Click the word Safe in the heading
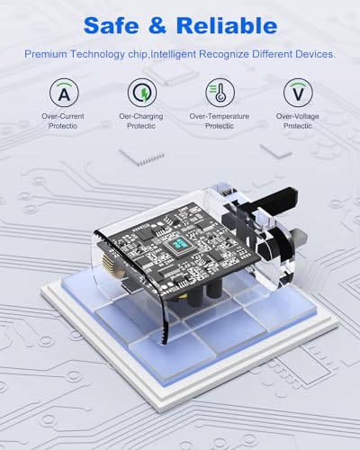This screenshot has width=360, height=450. coord(112,25)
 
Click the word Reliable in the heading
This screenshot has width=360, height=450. coord(227,25)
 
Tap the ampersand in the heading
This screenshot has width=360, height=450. coord(157,25)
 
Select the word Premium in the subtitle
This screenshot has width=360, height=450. coord(46,54)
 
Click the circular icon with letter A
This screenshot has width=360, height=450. coord(64,93)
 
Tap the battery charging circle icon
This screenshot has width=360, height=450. coord(142,93)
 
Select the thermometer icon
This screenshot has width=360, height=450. coord(220,93)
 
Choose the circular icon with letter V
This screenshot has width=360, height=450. coord(298,93)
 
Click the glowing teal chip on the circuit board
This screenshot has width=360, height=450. coord(180,244)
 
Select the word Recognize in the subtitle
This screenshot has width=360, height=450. coord(224,55)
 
